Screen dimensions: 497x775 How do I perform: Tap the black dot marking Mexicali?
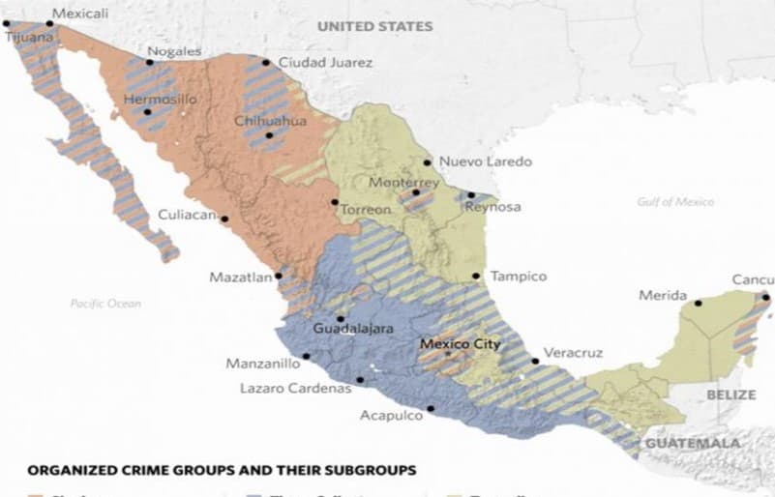49,23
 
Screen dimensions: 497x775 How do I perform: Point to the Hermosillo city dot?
147,111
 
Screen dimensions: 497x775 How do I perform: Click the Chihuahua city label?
269,121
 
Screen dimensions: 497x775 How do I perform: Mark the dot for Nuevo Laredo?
431,162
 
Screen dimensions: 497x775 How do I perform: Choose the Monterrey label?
403,182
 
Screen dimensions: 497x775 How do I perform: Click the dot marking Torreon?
334,202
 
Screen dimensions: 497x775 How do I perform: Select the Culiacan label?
186,215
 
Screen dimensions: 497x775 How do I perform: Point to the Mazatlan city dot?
279,276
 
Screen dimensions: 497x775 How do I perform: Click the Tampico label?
518,277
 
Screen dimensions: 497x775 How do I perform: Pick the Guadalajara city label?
353,329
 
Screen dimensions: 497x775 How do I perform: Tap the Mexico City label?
459,344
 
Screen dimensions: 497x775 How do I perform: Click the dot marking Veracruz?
535,362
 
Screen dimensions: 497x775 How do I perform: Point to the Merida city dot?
698,304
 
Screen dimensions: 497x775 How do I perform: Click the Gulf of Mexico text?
675,202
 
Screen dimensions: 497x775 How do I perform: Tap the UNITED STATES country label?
374,26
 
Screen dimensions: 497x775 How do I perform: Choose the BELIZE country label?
730,395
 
